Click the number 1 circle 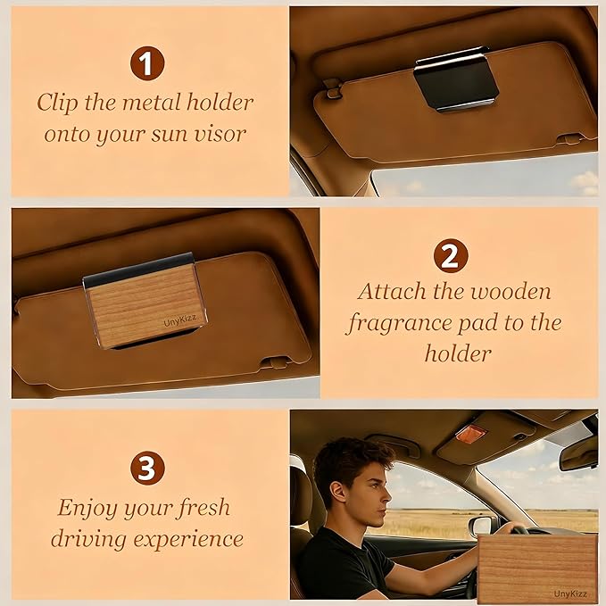pos(147,64)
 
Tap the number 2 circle pos(450,257)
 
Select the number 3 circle pos(147,468)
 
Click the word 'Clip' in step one pos(58,102)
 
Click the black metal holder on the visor pos(456,79)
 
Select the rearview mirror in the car pos(578,454)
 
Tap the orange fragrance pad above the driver pos(470,434)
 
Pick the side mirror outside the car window pos(481,525)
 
